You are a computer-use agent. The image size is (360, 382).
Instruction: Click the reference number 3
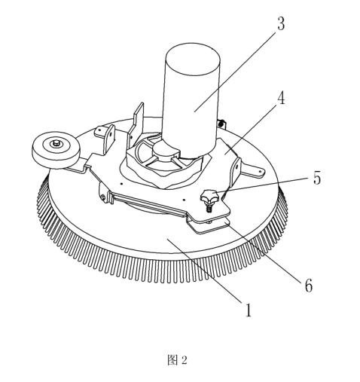[281, 24]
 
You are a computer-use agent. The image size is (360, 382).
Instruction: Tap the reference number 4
[281, 98]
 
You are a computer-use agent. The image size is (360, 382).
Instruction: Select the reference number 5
[317, 178]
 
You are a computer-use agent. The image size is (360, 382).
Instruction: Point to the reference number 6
[309, 286]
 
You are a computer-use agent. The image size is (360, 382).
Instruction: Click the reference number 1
[248, 310]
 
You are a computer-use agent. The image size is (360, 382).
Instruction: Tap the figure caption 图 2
[177, 360]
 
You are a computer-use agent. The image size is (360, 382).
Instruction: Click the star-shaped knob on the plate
[209, 196]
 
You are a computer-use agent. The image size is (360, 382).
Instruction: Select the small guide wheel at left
[56, 150]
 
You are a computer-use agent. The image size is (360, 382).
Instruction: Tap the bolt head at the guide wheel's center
[56, 143]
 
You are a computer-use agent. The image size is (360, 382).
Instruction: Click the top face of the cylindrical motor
[193, 59]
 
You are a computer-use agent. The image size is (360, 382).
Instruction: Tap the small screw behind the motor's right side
[221, 124]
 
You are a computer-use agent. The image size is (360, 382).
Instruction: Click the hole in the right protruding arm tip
[260, 172]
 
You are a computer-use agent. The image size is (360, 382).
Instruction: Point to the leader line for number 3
[235, 72]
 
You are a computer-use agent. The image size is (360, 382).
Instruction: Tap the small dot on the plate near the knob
[184, 200]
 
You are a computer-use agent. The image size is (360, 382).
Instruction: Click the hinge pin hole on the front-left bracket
[103, 197]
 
